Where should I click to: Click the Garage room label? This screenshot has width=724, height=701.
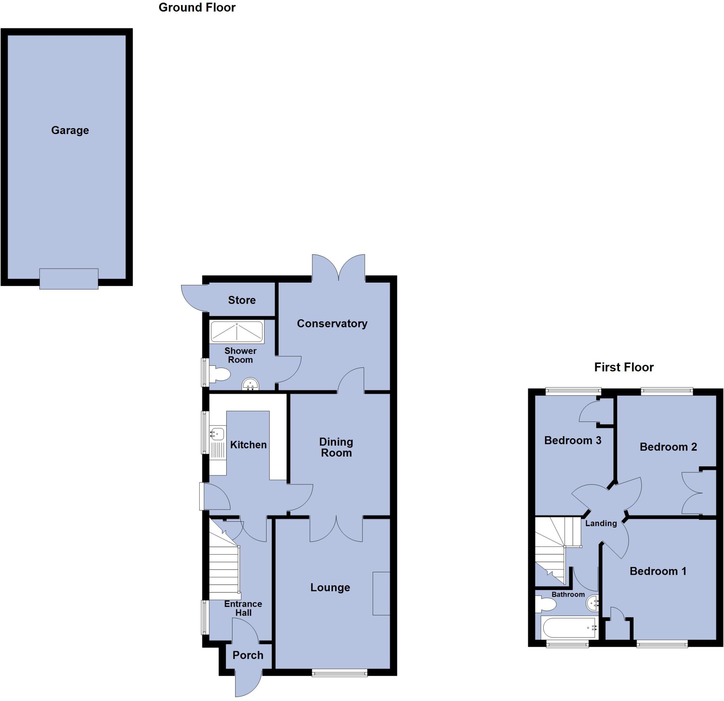tap(70, 131)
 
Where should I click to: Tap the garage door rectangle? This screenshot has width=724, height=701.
tap(69, 279)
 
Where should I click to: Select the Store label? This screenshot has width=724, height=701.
tap(241, 300)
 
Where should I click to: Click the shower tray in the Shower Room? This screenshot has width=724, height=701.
tap(237, 331)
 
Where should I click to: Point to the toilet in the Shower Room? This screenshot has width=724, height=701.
tap(220, 374)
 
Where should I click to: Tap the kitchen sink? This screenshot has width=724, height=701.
tap(217, 433)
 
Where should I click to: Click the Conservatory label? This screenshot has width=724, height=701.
tap(332, 324)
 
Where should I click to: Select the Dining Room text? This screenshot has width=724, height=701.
tap(336, 447)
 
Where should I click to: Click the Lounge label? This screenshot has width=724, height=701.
tap(330, 587)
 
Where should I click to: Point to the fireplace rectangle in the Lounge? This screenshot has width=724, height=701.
tap(381, 593)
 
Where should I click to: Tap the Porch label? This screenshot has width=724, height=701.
tap(248, 655)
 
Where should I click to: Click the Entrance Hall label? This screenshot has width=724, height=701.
tap(243, 608)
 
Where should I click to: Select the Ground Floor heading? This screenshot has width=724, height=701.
tap(197, 7)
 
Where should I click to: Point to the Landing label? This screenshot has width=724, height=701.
tap(601, 523)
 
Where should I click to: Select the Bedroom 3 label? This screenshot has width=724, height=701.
tap(573, 440)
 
